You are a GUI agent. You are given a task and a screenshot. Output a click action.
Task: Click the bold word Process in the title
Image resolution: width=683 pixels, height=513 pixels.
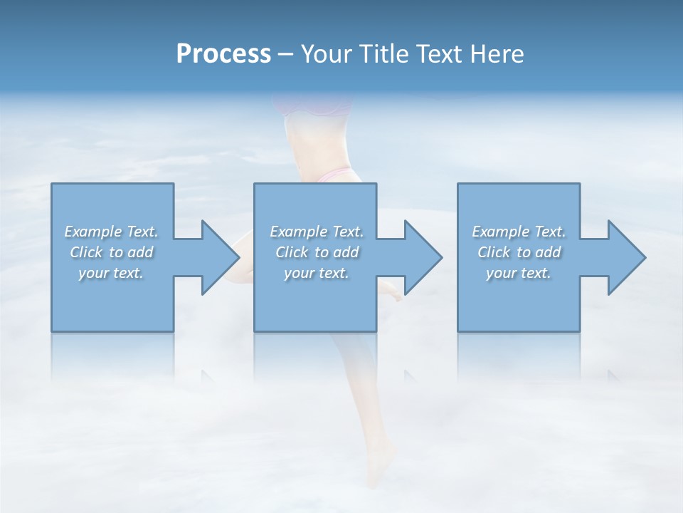pyautogui.click(x=223, y=54)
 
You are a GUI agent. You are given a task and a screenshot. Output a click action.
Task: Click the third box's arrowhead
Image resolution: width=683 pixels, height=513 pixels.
pyautogui.click(x=625, y=257)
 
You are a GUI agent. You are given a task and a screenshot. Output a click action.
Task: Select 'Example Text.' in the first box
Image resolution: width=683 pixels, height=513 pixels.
pyautogui.click(x=111, y=232)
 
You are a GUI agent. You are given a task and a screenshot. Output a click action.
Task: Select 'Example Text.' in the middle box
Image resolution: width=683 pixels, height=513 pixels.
pyautogui.click(x=317, y=232)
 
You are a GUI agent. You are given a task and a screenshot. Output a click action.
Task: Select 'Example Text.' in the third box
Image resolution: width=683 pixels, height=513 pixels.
pyautogui.click(x=519, y=232)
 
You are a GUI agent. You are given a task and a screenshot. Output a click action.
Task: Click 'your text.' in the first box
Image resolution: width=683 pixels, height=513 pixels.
pyautogui.click(x=111, y=273)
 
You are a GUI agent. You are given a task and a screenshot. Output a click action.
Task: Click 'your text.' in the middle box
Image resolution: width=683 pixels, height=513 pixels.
pyautogui.click(x=317, y=273)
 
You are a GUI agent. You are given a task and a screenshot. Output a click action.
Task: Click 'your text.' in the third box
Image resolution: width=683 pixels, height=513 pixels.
pyautogui.click(x=519, y=273)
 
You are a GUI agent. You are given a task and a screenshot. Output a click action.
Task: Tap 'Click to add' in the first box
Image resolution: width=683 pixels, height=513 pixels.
pyautogui.click(x=111, y=252)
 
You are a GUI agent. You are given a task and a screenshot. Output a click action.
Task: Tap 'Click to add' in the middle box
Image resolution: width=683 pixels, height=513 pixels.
pyautogui.click(x=317, y=252)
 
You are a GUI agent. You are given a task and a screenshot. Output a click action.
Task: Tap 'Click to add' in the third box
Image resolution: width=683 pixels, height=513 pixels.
pyautogui.click(x=519, y=252)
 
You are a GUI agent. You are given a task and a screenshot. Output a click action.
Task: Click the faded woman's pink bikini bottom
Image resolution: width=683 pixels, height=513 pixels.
pyautogui.click(x=334, y=175)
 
